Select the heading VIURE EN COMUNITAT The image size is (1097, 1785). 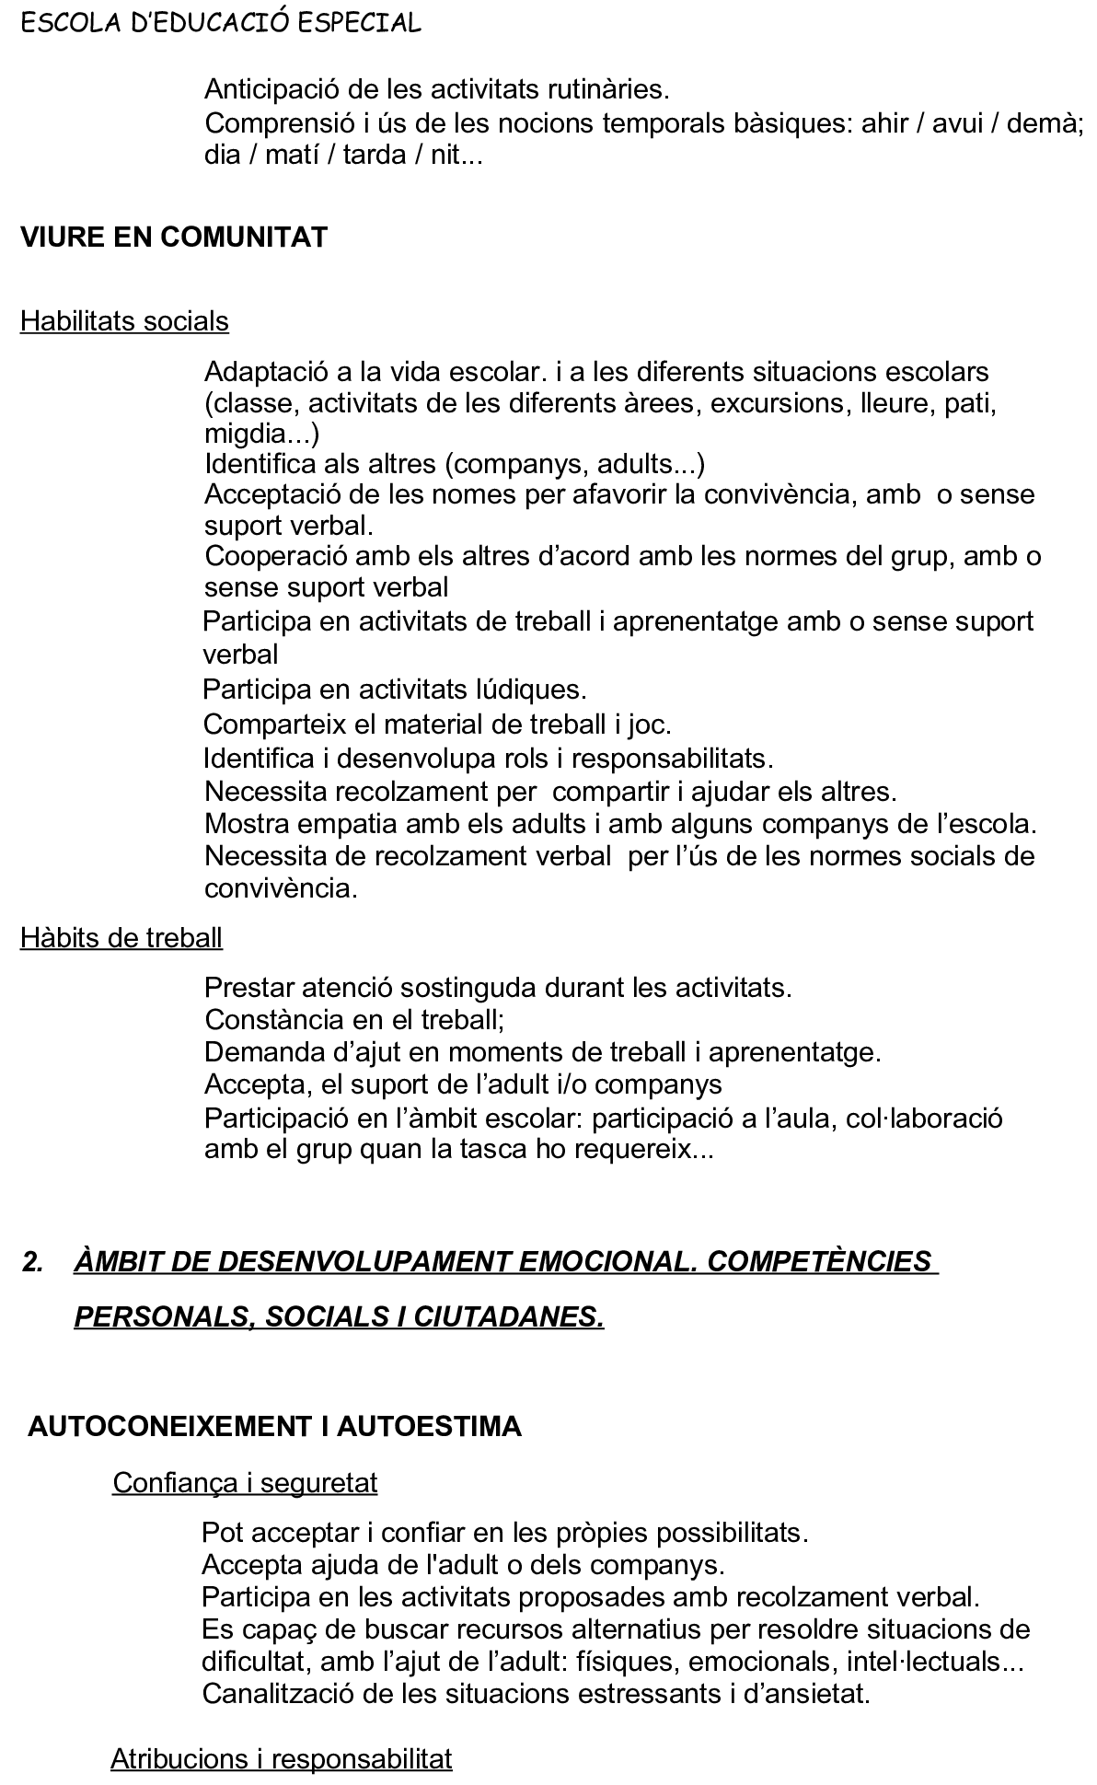(174, 238)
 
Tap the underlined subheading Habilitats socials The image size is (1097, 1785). (124, 321)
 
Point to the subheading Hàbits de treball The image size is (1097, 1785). (121, 937)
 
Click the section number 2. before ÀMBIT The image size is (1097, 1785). (33, 1262)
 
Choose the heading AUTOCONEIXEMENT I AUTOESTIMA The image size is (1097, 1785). (275, 1426)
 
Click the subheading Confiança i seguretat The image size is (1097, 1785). (245, 1482)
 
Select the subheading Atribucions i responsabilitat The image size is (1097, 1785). (282, 1759)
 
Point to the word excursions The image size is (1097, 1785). (777, 403)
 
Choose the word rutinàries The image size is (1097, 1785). (604, 90)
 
